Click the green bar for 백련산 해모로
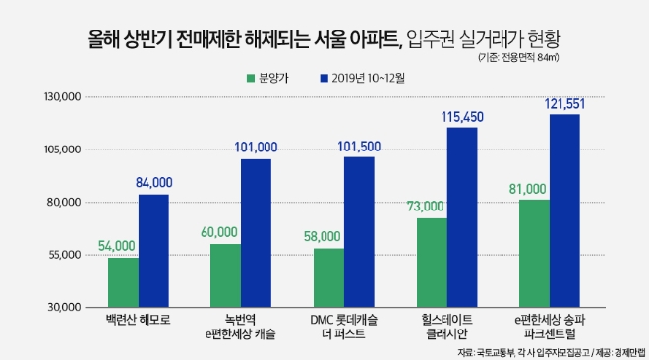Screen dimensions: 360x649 click(123, 281)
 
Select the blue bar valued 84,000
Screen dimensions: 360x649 click(153, 250)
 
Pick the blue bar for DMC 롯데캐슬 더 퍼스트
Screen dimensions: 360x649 click(359, 231)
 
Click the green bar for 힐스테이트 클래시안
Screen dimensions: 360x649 click(432, 262)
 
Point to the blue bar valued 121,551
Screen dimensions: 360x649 click(564, 210)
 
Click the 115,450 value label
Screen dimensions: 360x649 click(461, 117)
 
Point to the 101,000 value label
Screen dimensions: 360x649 click(257, 147)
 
